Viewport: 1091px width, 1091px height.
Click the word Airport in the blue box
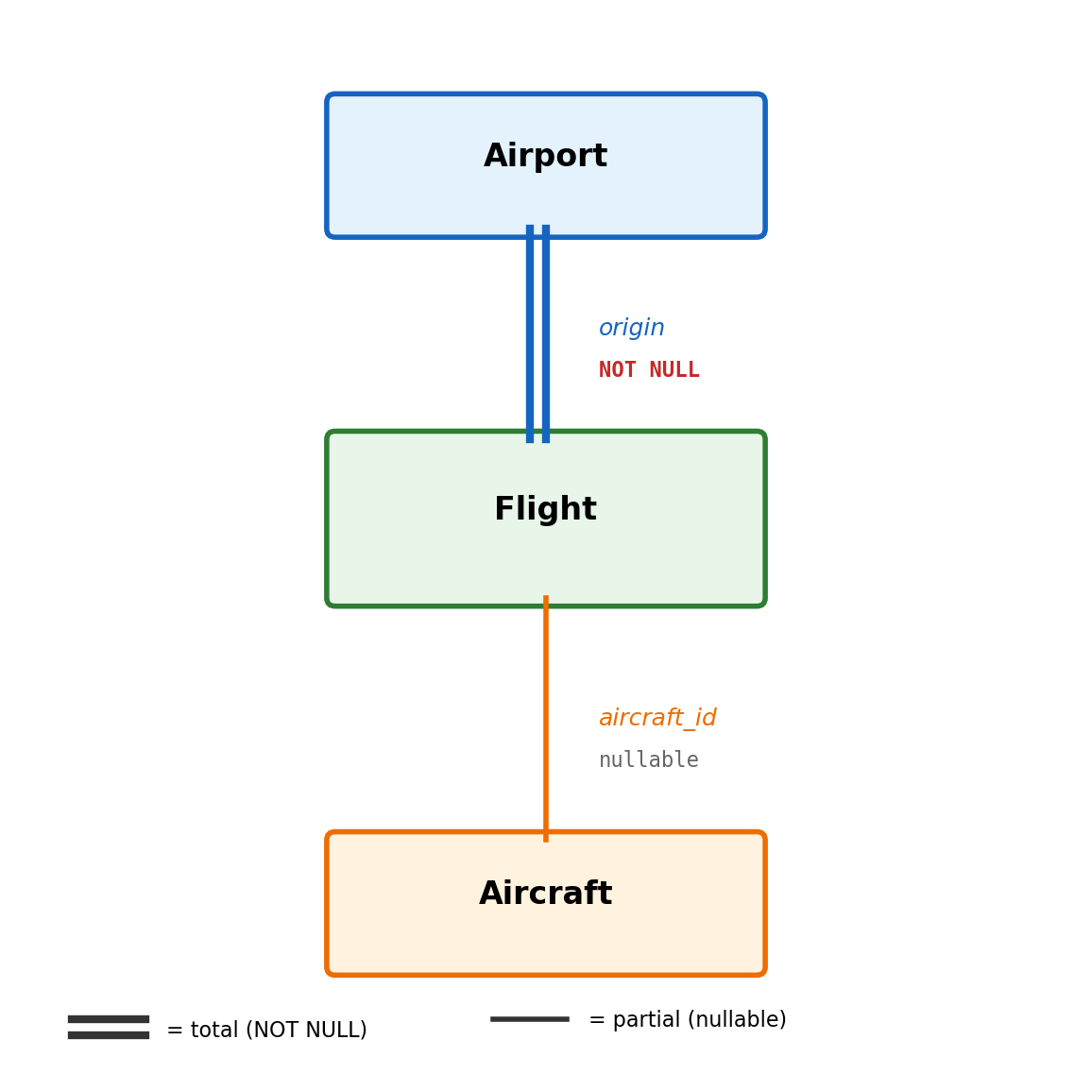(545, 157)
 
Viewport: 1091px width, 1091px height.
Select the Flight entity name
(545, 510)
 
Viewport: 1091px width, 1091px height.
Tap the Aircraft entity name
(545, 895)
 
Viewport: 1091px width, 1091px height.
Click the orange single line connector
(546, 718)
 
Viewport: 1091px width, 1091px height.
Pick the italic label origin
(631, 329)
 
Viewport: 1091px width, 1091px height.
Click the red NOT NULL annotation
(649, 370)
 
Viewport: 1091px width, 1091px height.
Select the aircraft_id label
(657, 719)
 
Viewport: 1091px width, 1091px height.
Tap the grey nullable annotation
(649, 760)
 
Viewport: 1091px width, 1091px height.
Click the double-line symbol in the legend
(109, 1027)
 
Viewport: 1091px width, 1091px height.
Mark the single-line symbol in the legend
(530, 1019)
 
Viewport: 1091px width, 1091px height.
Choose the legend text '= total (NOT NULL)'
(266, 1031)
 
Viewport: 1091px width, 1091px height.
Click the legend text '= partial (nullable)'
(687, 1020)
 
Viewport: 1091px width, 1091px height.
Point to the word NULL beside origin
(674, 370)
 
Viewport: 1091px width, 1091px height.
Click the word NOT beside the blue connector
(618, 370)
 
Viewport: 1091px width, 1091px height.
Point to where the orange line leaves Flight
(546, 604)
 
